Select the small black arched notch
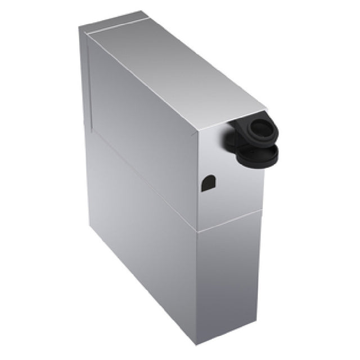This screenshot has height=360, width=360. coord(208,183)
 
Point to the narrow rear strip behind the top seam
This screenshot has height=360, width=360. coord(112,24)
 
